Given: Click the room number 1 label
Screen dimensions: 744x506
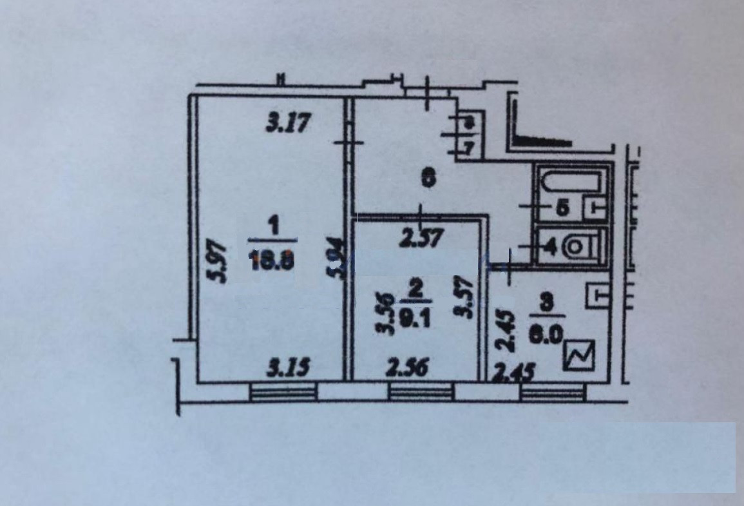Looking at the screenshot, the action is tap(273, 227).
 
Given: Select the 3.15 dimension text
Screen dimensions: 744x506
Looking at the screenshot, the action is tap(289, 368).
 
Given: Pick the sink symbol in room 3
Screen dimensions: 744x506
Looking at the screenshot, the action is tap(597, 297).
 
